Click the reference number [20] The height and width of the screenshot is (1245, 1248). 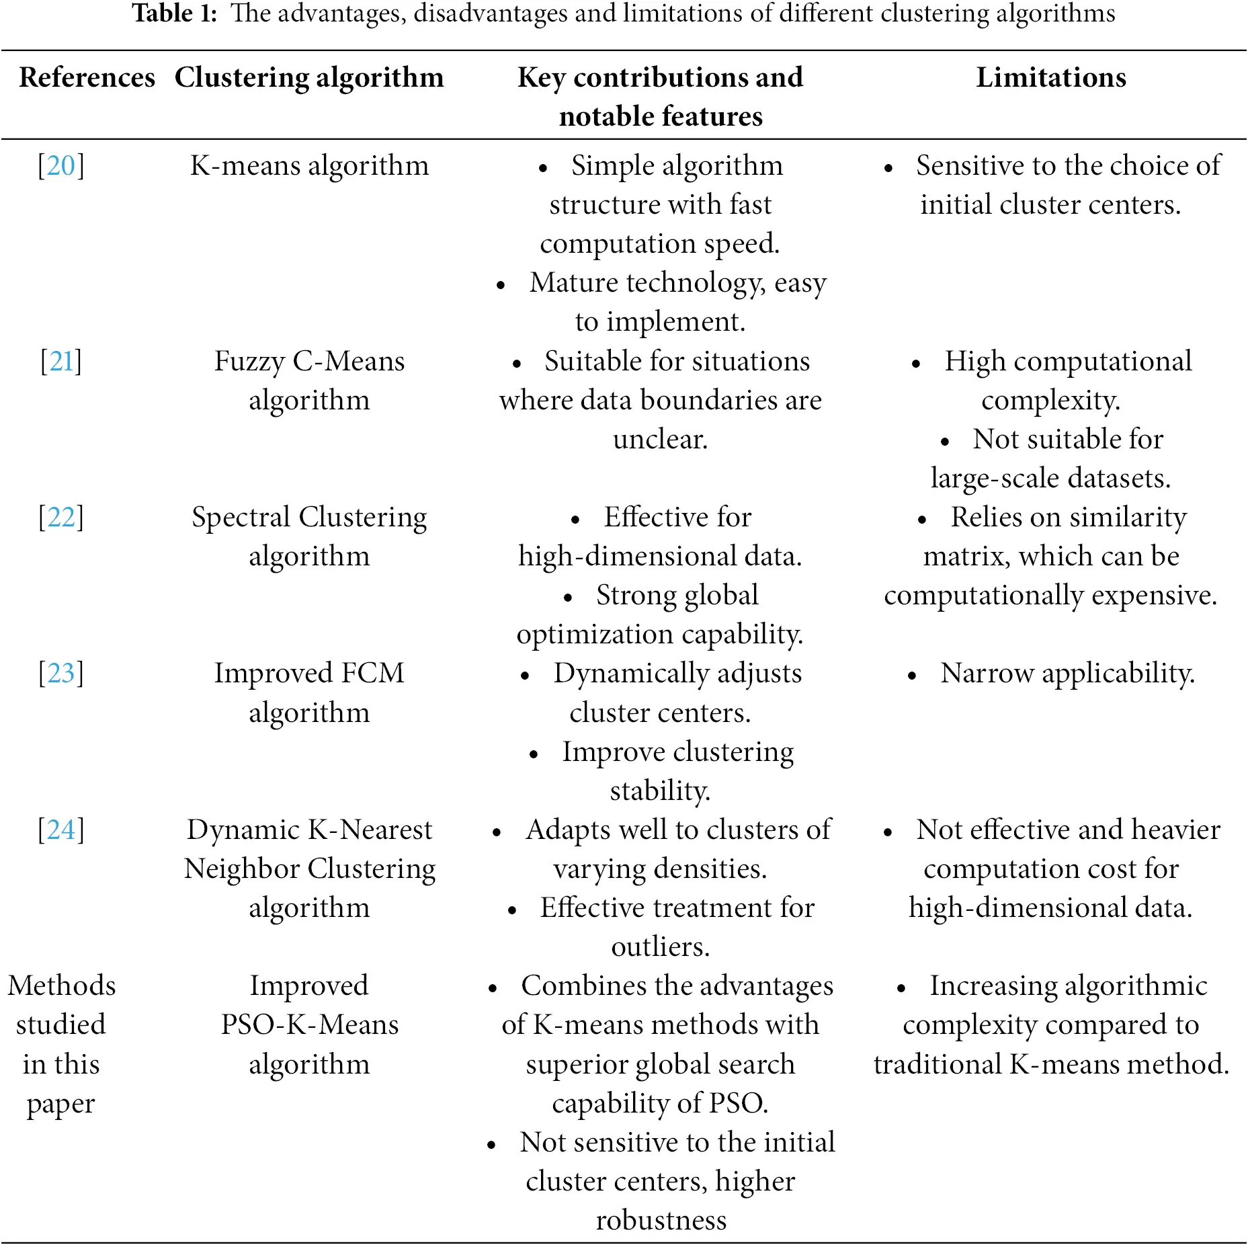60,165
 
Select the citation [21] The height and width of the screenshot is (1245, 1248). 60,361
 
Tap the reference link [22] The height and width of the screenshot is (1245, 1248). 60,517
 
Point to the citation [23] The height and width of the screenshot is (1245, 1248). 60,673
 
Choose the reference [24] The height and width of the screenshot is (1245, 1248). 60,830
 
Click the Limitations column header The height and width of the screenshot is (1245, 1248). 1050,77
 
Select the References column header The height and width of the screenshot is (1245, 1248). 87,77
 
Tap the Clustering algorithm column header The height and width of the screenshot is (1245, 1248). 309,77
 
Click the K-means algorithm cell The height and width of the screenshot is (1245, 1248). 309,165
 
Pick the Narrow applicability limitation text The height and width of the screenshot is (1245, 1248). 1067,673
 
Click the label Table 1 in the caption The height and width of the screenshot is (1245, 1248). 174,13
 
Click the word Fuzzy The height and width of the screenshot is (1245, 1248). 249,361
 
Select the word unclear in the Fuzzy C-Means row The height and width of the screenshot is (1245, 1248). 660,439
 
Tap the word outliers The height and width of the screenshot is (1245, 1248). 660,947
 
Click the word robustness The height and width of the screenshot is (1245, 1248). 661,1220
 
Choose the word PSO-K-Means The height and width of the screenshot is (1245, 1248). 309,1025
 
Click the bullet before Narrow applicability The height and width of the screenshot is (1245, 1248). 912,676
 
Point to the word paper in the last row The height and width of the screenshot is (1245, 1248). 60,1103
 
